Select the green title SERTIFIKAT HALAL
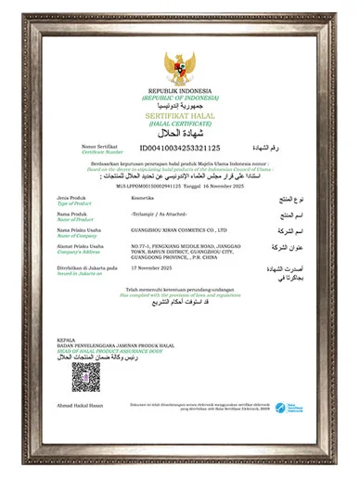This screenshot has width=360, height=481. click(180, 114)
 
